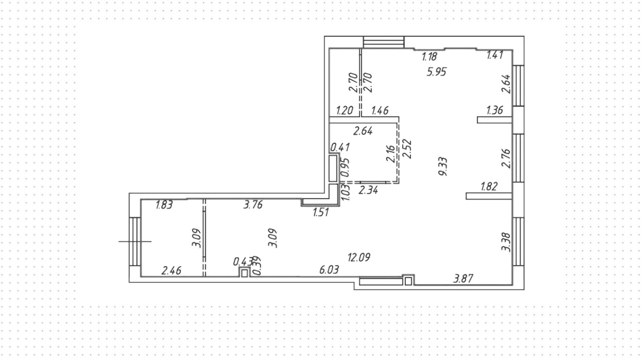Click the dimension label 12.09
(x=359, y=257)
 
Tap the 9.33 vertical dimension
(x=443, y=167)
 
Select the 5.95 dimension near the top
(x=436, y=72)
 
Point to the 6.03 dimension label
(x=329, y=269)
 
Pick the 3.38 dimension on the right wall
(x=506, y=242)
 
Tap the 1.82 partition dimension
(x=489, y=186)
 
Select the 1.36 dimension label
(x=494, y=110)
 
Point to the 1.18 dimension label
(x=429, y=56)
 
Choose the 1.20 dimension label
(x=344, y=110)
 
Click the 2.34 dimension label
(x=368, y=190)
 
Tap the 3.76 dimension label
(x=253, y=204)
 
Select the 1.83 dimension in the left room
(x=164, y=205)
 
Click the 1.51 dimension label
(x=321, y=212)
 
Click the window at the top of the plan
(x=384, y=42)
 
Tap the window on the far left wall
(x=135, y=241)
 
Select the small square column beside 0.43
(x=245, y=273)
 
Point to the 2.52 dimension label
(x=407, y=149)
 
